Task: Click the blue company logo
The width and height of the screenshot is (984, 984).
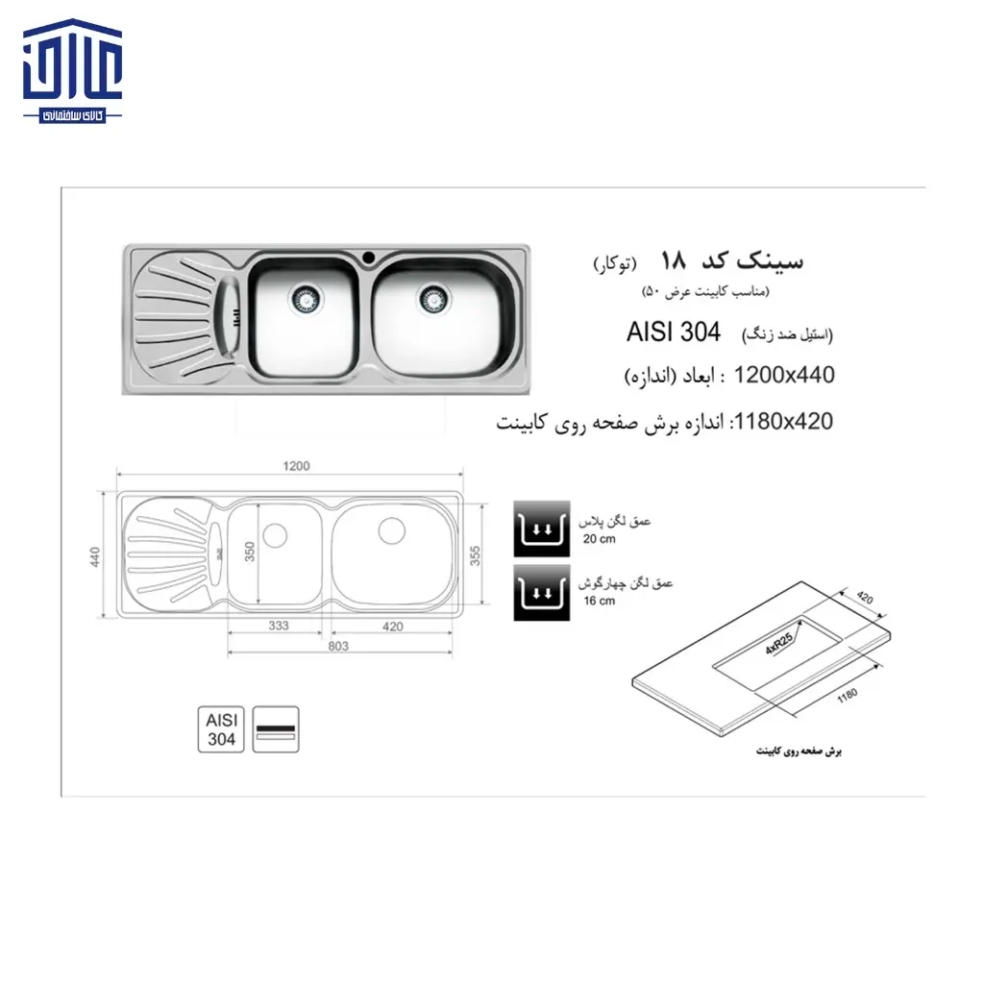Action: coord(74,76)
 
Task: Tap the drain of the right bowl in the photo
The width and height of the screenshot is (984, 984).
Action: coord(434,297)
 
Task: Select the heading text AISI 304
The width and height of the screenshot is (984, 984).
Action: coord(673,332)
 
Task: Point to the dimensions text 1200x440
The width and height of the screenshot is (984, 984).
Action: coord(783,376)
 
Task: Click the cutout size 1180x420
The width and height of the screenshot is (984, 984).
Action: coord(781,421)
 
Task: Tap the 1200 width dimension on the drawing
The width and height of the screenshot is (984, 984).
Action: coord(297,466)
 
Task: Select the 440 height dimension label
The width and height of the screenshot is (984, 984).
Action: coord(95,555)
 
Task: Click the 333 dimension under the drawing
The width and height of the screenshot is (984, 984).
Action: coord(279,626)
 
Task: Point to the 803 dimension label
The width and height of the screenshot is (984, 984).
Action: coord(337,647)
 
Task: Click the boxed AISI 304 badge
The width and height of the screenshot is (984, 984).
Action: coord(221,730)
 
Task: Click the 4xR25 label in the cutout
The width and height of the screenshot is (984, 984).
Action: coord(777,641)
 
